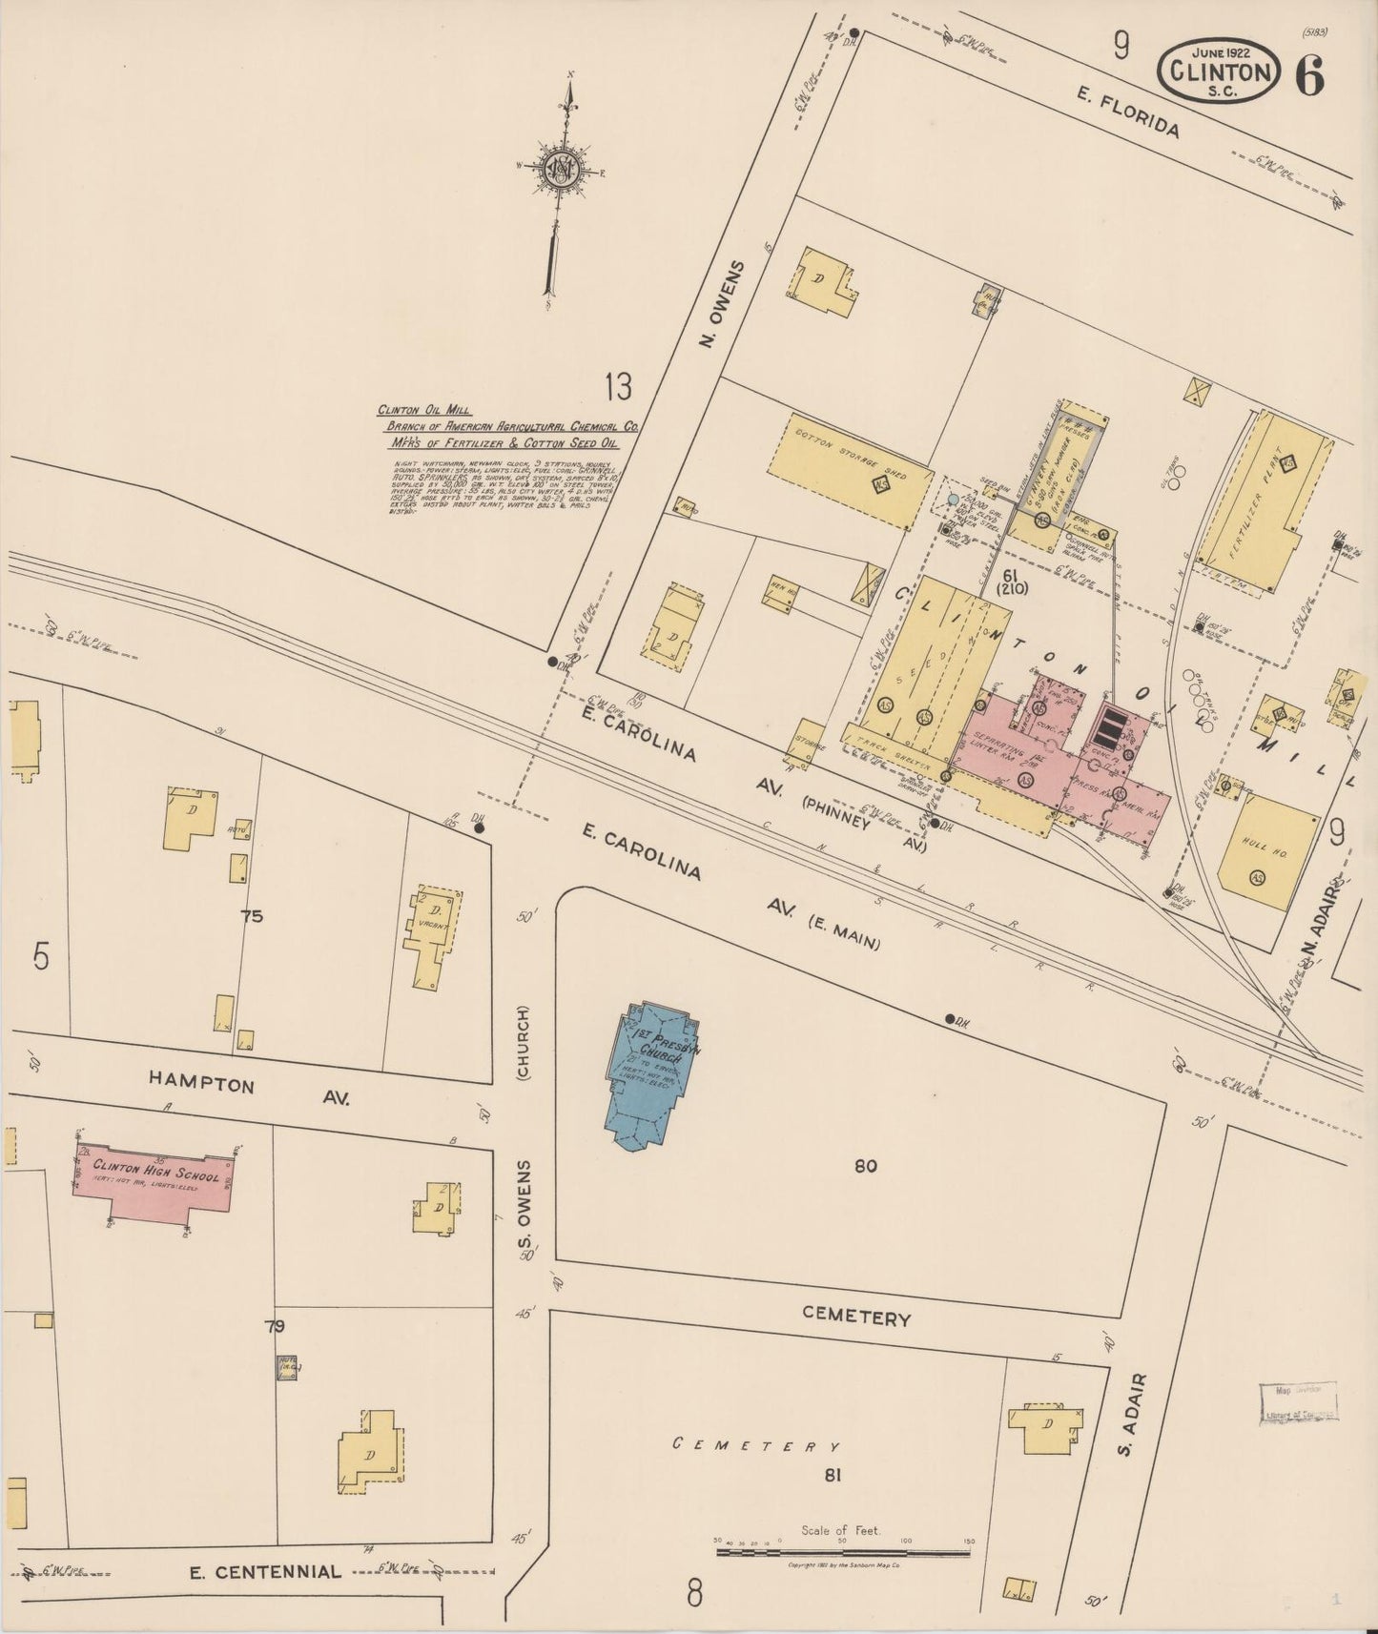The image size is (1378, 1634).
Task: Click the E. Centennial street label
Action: click(x=265, y=1571)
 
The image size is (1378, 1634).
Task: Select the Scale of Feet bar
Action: click(x=842, y=1553)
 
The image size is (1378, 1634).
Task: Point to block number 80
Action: click(x=865, y=1165)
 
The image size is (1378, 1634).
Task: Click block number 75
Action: click(x=252, y=917)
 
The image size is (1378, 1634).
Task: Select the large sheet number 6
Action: click(x=1309, y=76)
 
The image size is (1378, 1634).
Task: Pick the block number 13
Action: click(x=617, y=387)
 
